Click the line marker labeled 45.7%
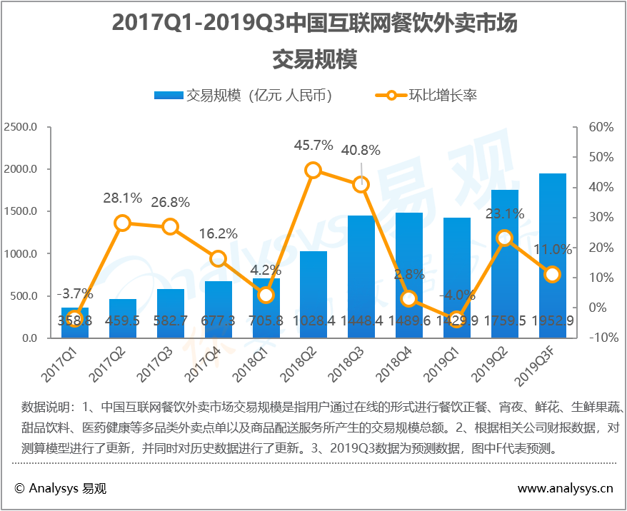click(x=313, y=170)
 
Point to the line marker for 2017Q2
click(x=122, y=223)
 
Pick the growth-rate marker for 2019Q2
click(x=504, y=238)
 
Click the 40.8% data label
click(x=361, y=151)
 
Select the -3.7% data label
click(x=75, y=293)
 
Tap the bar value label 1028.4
click(x=313, y=321)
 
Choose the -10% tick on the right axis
click(x=600, y=338)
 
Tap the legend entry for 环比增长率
click(x=428, y=95)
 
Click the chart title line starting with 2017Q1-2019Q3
click(x=314, y=24)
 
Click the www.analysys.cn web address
click(x=565, y=489)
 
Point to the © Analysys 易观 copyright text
click(x=60, y=489)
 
